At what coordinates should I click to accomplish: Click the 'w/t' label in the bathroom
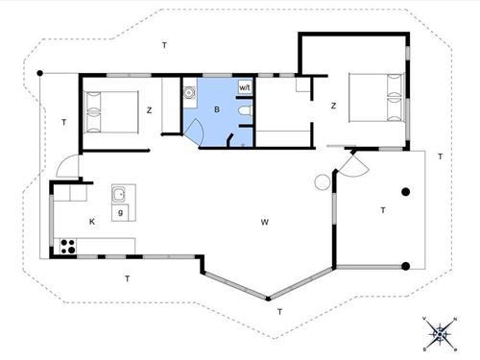point(244,87)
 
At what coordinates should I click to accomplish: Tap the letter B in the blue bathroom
point(218,110)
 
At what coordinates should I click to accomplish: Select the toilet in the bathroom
point(247,113)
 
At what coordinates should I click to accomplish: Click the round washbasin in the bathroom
point(189,93)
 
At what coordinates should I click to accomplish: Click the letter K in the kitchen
point(92,222)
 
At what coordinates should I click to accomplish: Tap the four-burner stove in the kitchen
point(68,244)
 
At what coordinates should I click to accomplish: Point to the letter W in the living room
point(264,222)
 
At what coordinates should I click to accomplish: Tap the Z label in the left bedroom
point(149,110)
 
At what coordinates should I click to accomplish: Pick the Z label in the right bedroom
point(333,106)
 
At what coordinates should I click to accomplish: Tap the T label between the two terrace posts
point(382,209)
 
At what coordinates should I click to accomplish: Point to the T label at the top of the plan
point(164,45)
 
